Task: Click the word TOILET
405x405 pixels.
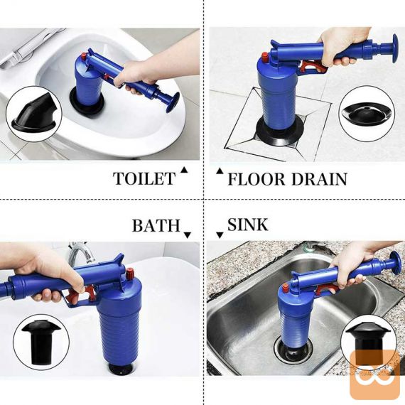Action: click(144, 178)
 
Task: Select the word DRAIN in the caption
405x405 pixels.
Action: click(320, 179)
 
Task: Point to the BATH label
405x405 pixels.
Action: click(156, 225)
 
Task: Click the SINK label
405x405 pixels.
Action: click(248, 225)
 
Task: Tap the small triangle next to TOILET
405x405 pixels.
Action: click(184, 170)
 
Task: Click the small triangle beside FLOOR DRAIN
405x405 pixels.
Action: click(220, 171)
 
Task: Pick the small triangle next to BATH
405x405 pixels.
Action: click(188, 234)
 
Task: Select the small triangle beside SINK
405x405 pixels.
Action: click(220, 234)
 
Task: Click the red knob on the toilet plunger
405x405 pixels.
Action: click(84, 56)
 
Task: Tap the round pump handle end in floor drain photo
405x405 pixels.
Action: click(395, 48)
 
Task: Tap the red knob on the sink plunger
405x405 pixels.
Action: click(286, 288)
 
